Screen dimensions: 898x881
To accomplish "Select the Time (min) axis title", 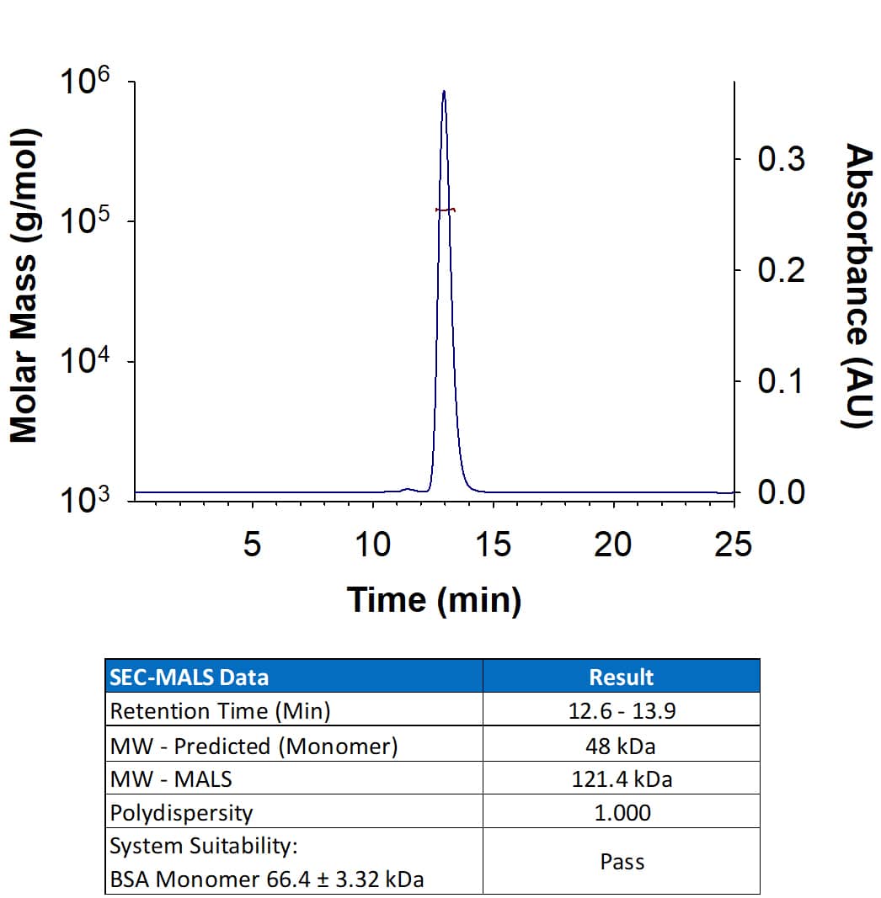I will tap(434, 599).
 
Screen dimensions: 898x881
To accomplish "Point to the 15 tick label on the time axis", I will tap(493, 545).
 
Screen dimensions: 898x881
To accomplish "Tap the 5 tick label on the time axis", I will tap(252, 545).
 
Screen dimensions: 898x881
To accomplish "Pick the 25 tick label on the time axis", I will tap(732, 545).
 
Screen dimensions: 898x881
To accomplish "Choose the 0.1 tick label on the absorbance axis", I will tap(781, 381).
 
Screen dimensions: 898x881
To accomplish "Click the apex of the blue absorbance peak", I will tap(444, 91).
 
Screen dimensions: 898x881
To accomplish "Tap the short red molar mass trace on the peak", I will tap(446, 210).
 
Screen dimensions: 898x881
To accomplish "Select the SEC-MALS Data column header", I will tap(190, 677).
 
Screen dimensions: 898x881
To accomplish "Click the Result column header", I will tap(621, 677).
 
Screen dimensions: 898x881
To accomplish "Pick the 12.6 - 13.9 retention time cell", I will tap(621, 711).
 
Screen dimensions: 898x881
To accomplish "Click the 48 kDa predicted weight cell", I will tap(621, 746).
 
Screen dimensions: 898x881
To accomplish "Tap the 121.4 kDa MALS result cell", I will tap(621, 779).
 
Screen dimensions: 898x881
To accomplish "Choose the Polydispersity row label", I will tap(181, 813).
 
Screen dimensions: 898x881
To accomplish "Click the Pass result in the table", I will tap(621, 862).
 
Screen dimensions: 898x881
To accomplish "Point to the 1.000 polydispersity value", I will tap(621, 813).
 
